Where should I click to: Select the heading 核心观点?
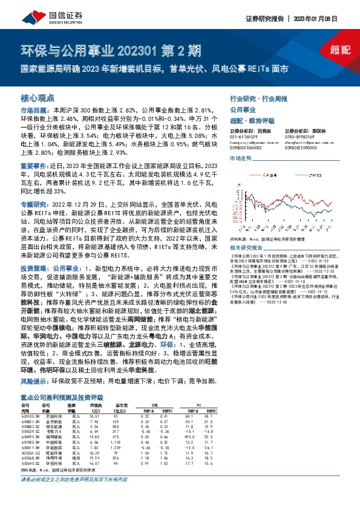tap(38, 98)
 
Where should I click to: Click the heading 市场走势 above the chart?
tap(240, 157)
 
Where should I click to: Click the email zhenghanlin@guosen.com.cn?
tap(306, 142)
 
